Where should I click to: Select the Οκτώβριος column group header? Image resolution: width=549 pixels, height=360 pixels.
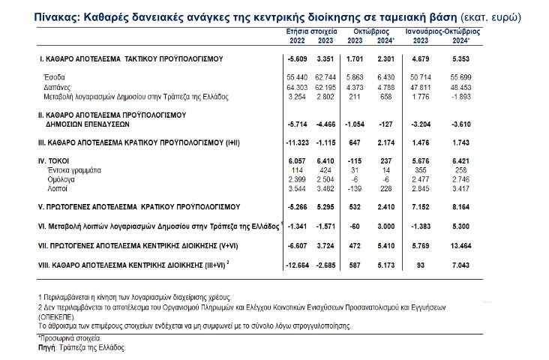pyautogui.click(x=368, y=32)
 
